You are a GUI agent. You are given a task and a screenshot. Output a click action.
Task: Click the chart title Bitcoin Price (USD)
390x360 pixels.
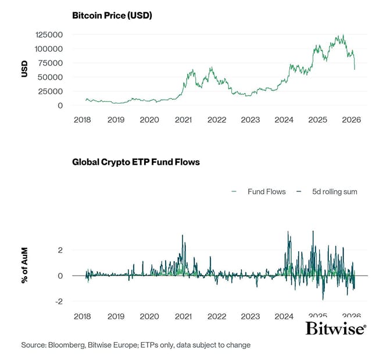click(x=112, y=16)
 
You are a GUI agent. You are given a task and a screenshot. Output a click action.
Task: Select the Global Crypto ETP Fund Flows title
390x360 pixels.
click(x=135, y=162)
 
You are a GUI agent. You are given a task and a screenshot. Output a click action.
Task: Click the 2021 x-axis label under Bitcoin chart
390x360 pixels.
click(x=183, y=120)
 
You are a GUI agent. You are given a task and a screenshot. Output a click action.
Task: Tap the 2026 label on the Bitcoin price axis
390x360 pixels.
click(x=352, y=120)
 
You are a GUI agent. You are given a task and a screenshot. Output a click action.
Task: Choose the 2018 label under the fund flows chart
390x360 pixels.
click(x=83, y=316)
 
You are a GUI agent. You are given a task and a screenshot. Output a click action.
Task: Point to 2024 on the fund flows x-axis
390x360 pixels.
click(x=284, y=316)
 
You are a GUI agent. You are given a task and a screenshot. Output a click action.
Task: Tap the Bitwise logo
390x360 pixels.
click(x=336, y=329)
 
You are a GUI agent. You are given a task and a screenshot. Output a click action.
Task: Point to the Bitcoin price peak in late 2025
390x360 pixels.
click(x=343, y=35)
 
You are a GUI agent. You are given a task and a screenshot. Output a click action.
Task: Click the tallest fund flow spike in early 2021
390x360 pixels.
click(x=183, y=236)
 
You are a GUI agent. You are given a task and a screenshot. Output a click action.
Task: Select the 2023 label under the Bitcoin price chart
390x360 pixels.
click(x=251, y=120)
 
